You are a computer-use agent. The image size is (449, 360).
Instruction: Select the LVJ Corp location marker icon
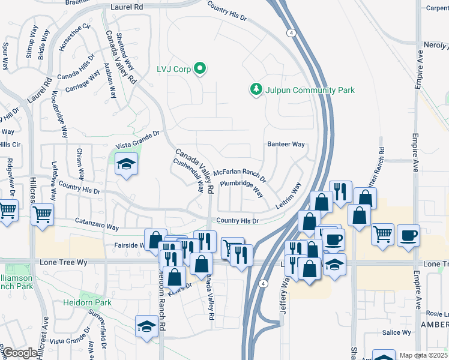coord(200,70)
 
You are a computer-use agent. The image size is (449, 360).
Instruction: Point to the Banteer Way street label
coord(286,144)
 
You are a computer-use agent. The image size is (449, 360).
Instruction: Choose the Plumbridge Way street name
coord(241,188)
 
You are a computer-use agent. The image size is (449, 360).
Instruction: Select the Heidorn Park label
coord(87,303)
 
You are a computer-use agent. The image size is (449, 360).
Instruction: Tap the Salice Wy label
coord(397,332)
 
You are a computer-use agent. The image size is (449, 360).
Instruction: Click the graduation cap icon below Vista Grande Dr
coord(127,164)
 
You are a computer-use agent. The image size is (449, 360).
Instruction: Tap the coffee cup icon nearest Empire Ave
coord(409,235)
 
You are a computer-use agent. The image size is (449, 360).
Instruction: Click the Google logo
coord(20,353)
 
